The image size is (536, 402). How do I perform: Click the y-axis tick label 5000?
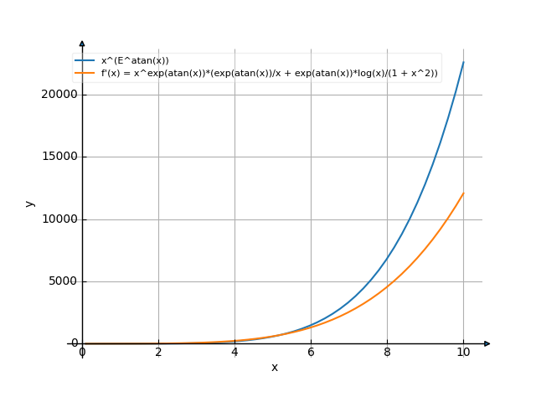[62, 281]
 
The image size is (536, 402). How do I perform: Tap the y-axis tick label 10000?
[59, 219]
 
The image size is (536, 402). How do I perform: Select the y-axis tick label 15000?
[59, 157]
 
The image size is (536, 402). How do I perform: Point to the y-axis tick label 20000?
[59, 95]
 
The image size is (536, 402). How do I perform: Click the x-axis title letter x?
[274, 368]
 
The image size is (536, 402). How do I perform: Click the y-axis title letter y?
[29, 204]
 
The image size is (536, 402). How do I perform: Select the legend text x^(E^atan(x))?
[135, 60]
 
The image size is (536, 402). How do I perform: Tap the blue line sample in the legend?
[85, 60]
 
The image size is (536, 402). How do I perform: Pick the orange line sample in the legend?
[85, 73]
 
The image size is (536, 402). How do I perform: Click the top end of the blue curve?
[463, 61]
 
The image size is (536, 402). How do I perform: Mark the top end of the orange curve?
[463, 193]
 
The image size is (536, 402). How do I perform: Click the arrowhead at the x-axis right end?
[487, 343]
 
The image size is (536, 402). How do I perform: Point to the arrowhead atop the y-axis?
[82, 43]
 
